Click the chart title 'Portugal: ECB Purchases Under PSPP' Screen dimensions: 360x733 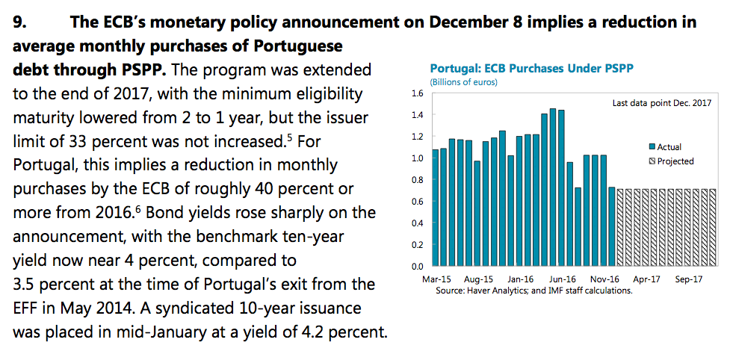click(532, 69)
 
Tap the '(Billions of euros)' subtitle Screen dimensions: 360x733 click(463, 81)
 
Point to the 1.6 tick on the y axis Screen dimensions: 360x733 click(417, 93)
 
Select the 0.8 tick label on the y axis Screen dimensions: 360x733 click(417, 180)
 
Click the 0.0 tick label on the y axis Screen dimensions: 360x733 click(417, 266)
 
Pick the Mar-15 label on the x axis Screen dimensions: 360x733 click(436, 279)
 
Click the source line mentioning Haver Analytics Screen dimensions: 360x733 click(533, 290)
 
